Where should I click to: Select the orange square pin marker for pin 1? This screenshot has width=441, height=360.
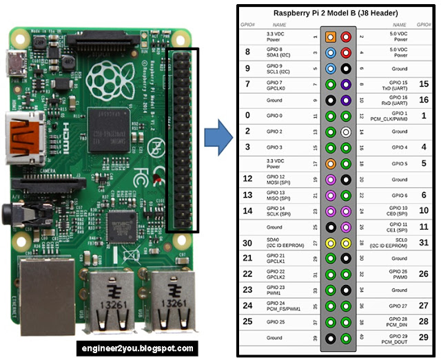[x=331, y=36]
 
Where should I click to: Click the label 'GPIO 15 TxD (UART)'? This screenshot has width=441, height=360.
[x=393, y=85]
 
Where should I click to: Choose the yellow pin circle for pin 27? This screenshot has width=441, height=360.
[x=331, y=242]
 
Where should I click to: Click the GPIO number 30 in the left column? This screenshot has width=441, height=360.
[x=247, y=242]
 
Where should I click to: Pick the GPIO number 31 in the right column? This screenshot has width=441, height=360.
[x=424, y=242]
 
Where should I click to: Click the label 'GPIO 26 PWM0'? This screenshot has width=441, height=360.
[x=393, y=274]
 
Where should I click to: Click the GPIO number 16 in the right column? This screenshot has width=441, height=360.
[x=424, y=100]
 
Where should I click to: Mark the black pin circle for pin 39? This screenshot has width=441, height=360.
[x=331, y=337]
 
